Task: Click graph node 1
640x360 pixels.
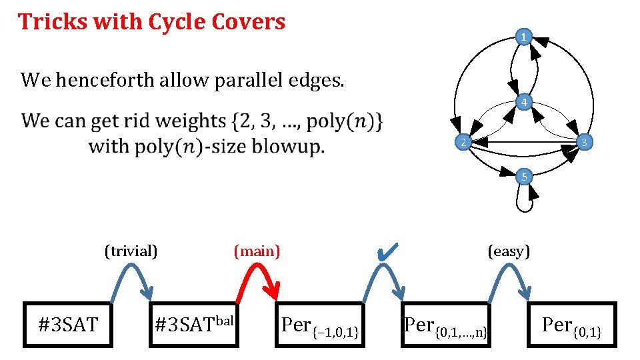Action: [x=525, y=37]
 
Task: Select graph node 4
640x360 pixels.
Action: [x=525, y=103]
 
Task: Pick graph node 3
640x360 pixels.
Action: [x=583, y=143]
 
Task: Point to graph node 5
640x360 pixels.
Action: [x=525, y=177]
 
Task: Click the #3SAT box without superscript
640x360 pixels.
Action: [x=69, y=325]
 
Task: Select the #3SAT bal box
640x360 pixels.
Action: [x=194, y=325]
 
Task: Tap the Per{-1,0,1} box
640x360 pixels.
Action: [x=321, y=325]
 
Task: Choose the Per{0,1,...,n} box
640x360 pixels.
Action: [x=446, y=325]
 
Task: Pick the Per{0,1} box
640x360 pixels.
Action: [x=572, y=325]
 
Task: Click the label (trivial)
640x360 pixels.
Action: [x=131, y=251]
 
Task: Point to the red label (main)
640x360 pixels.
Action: [x=257, y=251]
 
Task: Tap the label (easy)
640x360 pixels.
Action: [x=509, y=251]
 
